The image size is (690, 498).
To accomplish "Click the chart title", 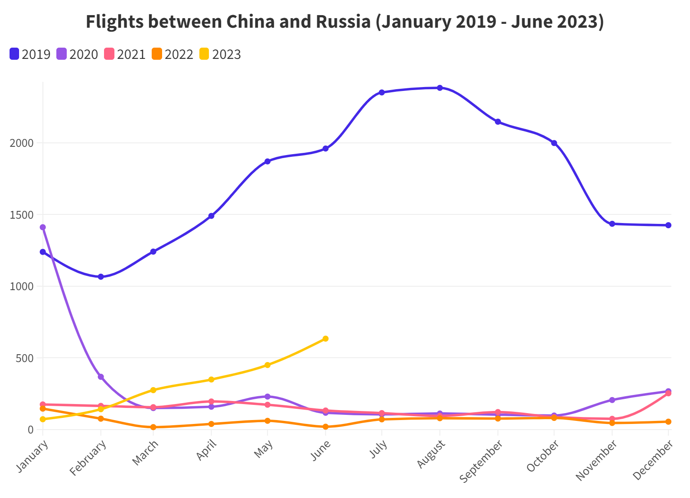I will coord(345,22).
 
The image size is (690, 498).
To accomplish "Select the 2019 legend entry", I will coord(30,55).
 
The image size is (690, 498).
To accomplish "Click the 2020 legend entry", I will coord(78,55).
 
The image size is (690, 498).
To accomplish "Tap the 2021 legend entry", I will coord(125,55).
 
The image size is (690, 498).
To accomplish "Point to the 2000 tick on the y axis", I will coord(22,143).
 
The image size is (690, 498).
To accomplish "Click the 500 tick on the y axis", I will coord(25,358).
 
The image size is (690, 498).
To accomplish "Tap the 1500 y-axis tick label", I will coord(22,215).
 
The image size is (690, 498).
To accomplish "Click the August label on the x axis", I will coord(431,454).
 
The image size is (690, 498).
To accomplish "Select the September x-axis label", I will coord(482,461).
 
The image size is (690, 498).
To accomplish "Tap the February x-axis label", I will coord(88,458).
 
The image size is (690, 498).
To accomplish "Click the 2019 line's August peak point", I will coord(440,88).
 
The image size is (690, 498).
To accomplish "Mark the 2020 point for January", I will coord(42,227).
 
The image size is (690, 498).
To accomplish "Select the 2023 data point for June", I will coord(325,339).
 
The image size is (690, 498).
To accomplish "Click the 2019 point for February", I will coord(101,277).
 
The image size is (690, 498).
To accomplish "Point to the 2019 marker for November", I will coord(612,224).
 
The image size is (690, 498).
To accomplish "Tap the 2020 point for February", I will coord(101,377).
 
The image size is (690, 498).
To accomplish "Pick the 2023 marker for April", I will coord(212,379).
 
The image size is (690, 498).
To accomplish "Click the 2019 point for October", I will coord(554,143).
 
